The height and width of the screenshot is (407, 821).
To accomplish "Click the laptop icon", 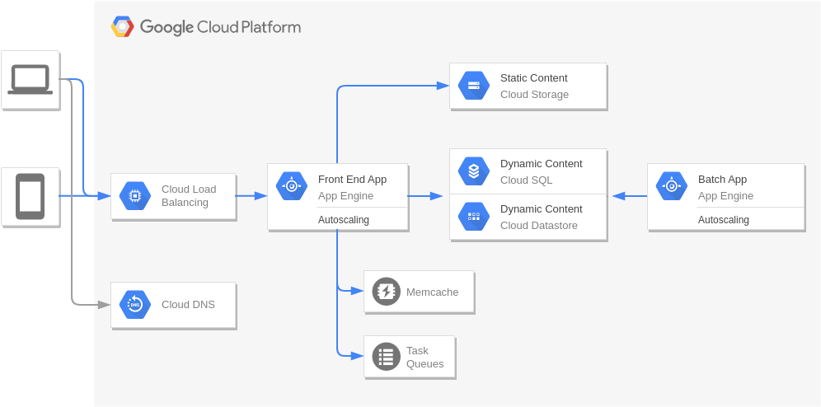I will click(x=30, y=79).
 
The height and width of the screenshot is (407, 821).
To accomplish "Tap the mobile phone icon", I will click(x=30, y=196).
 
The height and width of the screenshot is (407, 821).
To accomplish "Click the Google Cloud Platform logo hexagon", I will click(x=122, y=26).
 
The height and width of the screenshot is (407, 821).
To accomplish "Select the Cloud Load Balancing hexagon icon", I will click(x=135, y=196).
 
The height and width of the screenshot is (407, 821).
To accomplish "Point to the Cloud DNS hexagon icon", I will click(x=135, y=305).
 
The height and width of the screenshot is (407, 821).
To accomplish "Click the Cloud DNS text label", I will click(x=188, y=305).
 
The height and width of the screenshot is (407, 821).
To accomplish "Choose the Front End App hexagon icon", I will click(x=292, y=186).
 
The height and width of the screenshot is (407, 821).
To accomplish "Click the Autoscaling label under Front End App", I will click(x=344, y=220).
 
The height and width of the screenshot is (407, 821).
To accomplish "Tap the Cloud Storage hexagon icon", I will click(x=474, y=86).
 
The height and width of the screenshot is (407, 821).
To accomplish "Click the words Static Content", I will click(x=533, y=78).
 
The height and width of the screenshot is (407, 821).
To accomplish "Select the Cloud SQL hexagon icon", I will click(x=474, y=171).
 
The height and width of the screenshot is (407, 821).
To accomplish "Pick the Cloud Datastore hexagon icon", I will click(x=474, y=217).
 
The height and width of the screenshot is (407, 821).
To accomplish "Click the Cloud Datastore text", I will click(x=538, y=226).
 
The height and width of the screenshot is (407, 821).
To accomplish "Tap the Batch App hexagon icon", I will click(x=672, y=186).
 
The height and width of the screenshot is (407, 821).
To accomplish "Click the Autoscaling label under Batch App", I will click(x=724, y=220).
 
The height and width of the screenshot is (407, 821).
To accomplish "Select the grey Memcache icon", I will click(x=386, y=292).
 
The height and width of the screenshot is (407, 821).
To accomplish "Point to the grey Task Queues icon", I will click(x=386, y=357).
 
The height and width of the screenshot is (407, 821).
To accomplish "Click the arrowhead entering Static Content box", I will click(x=443, y=85).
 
